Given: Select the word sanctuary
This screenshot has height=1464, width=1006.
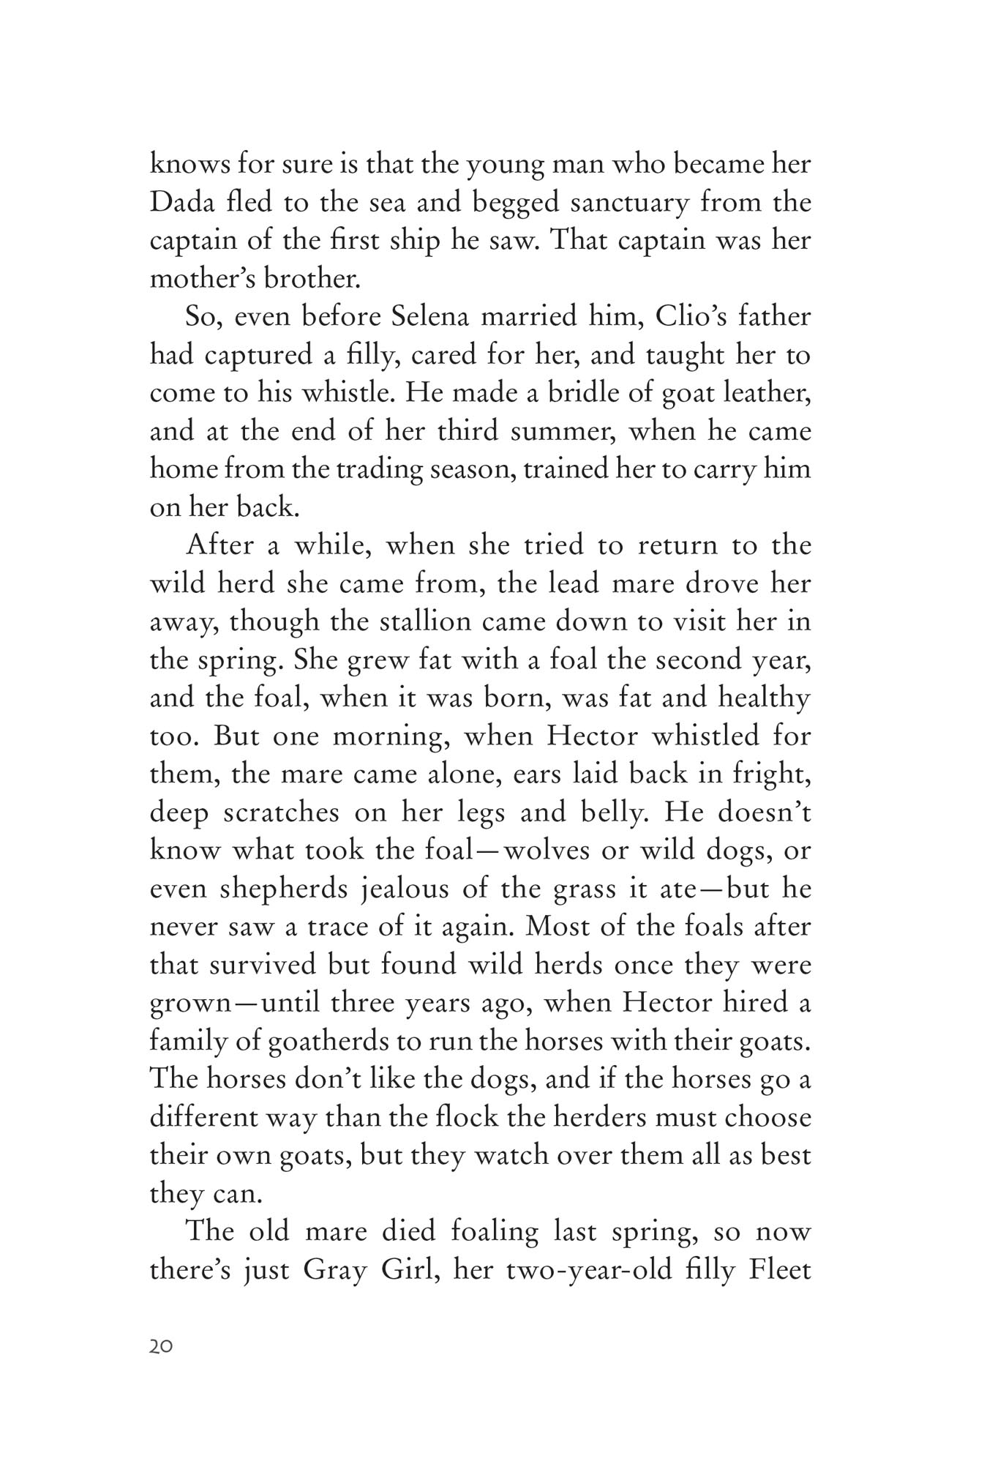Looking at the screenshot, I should point(629,203).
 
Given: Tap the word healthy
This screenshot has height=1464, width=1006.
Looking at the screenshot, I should point(764,698).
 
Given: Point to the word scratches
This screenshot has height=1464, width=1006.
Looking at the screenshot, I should point(278,813).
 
